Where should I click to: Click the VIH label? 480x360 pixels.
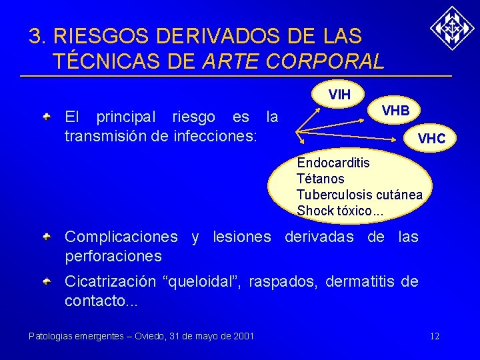[x=340, y=95]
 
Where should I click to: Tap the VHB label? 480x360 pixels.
[x=395, y=111]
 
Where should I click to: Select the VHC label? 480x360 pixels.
[x=436, y=139]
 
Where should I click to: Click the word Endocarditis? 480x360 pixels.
[x=333, y=163]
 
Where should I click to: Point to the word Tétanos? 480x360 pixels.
[x=321, y=179]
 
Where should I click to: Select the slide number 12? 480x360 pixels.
[x=435, y=336]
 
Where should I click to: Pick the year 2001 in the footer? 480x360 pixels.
[x=243, y=336]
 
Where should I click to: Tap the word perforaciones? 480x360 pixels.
[x=113, y=256]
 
